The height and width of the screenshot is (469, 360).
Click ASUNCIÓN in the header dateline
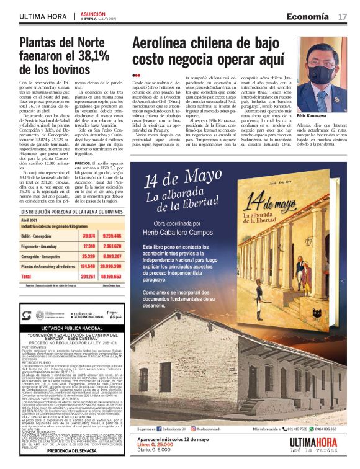(x=92, y=12)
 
